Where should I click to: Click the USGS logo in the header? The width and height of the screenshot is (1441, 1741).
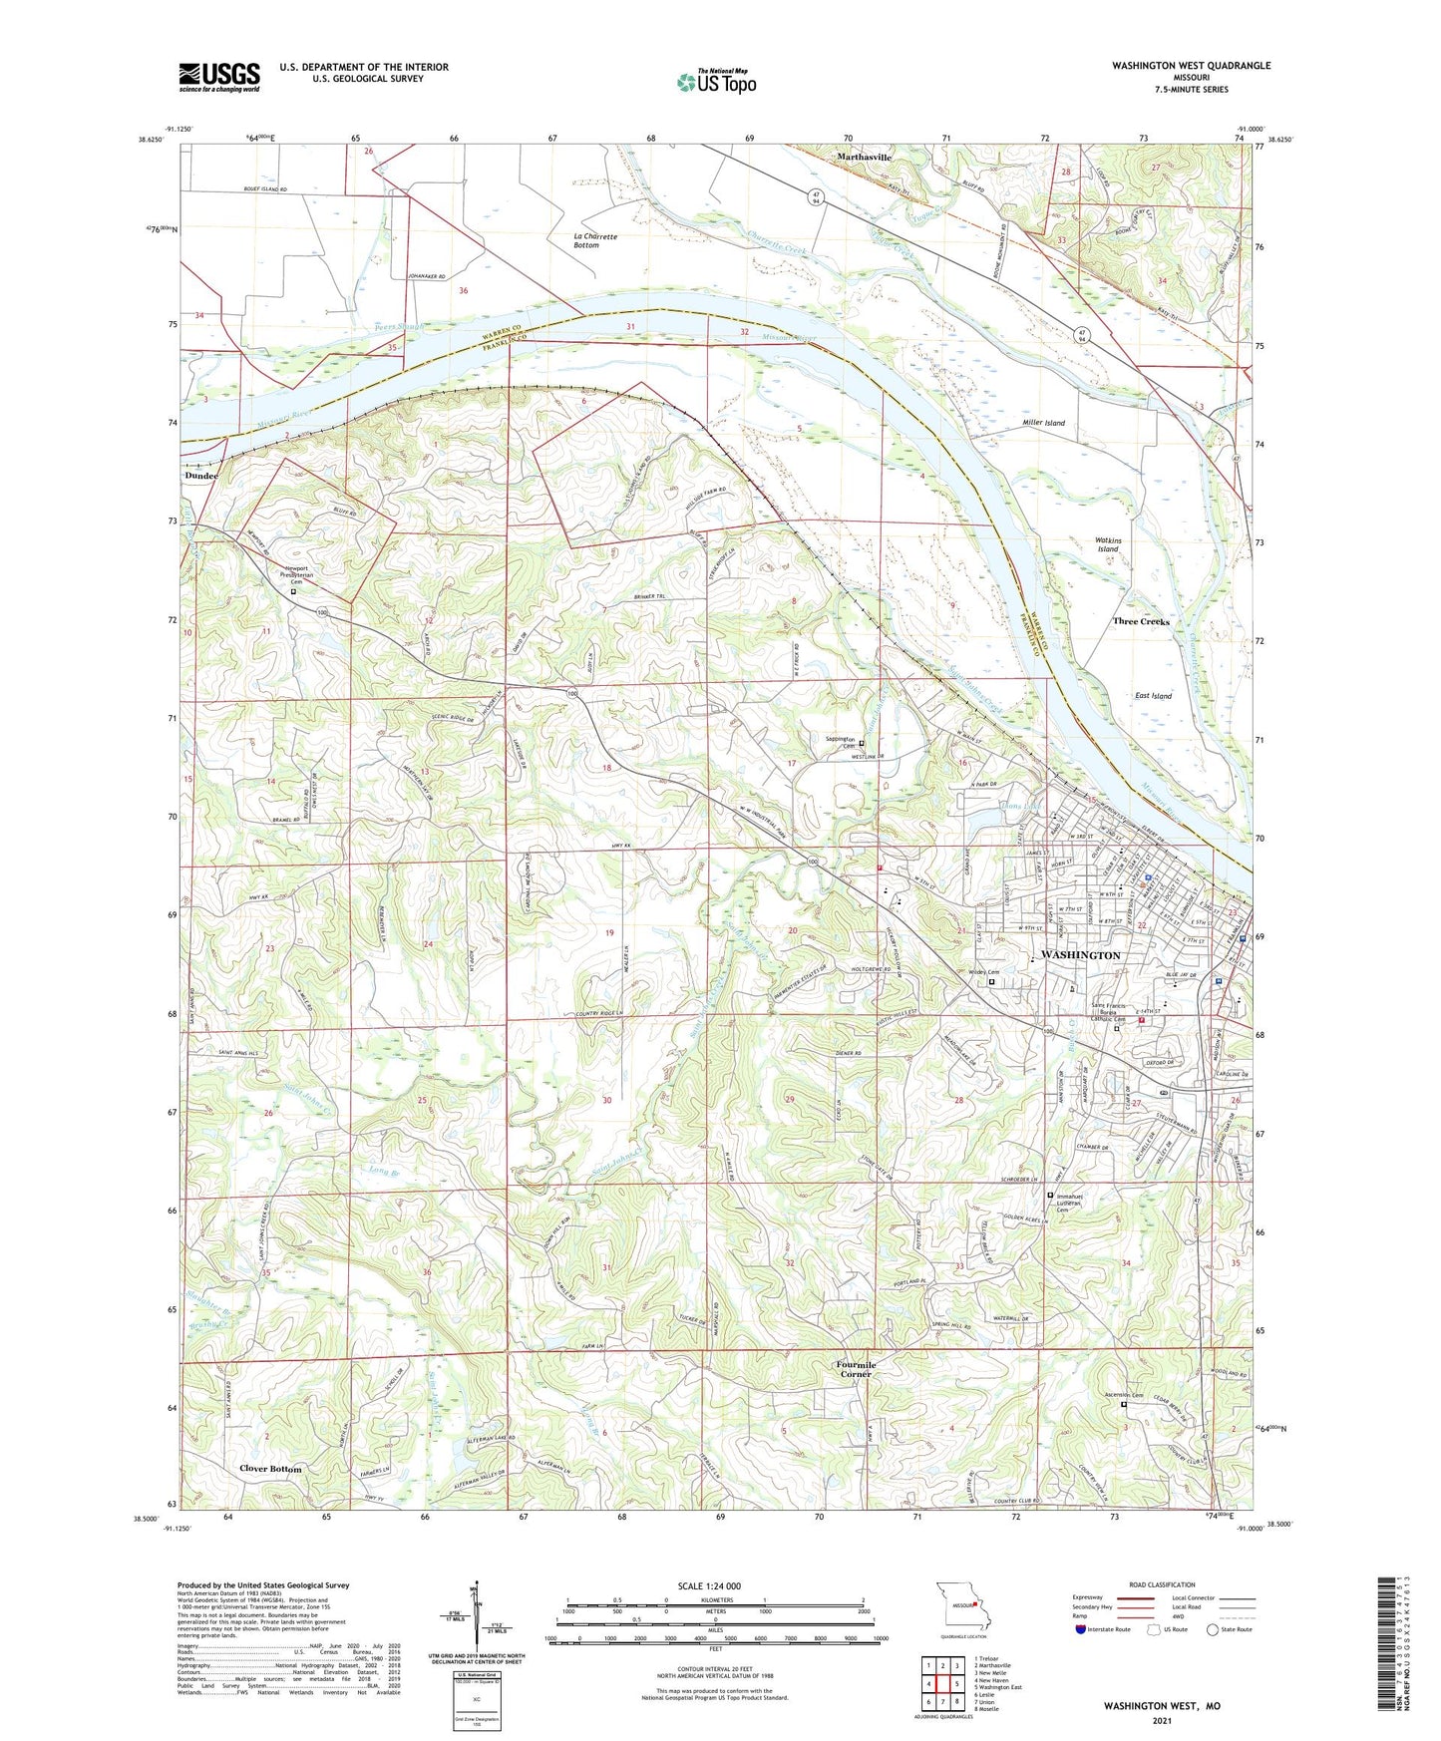[219, 76]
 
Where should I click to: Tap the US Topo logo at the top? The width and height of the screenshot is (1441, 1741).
[715, 81]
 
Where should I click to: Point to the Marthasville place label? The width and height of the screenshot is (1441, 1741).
[864, 158]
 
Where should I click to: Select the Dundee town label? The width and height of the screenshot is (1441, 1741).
[200, 477]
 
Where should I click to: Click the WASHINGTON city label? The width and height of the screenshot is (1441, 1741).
[1080, 955]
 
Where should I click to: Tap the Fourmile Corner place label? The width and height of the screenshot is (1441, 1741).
[855, 1369]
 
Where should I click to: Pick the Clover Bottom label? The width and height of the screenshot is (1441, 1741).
[270, 1469]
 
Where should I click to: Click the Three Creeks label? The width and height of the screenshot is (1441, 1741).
[1141, 621]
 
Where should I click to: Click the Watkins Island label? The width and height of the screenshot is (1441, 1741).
[1108, 544]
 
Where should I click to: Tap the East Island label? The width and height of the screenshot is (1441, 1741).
[1153, 696]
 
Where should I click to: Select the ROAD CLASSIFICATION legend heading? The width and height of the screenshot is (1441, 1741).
[1162, 1584]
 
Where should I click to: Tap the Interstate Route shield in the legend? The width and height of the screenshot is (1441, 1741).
[1081, 1629]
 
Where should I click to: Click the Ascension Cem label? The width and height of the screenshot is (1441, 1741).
[1122, 1395]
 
